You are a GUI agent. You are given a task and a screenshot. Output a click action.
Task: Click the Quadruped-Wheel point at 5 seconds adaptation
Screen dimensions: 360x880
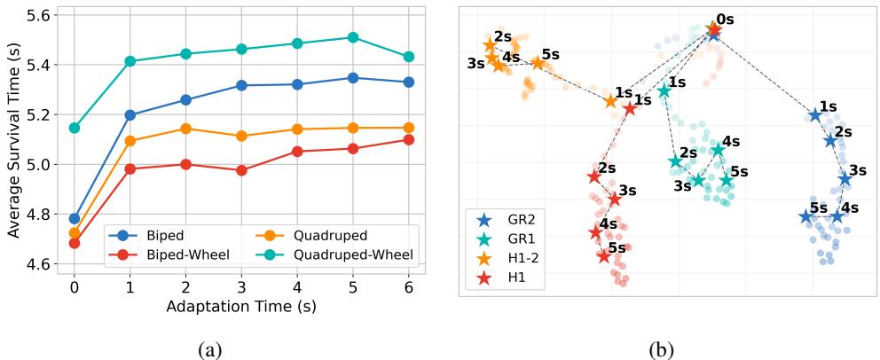[353, 37]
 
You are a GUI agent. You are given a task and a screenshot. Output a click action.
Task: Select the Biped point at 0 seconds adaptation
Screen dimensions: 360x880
[75, 218]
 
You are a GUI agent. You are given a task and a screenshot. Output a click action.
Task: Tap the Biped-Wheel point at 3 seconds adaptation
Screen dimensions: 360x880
[241, 170]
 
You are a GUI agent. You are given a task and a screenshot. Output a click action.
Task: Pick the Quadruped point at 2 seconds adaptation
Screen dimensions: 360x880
[185, 129]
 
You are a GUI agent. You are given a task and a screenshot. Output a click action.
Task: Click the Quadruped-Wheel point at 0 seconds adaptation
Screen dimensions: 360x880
[75, 128]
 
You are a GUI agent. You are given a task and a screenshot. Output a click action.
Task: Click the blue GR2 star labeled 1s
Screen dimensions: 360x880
[815, 115]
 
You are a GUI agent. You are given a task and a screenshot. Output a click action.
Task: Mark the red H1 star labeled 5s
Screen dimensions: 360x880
[604, 256]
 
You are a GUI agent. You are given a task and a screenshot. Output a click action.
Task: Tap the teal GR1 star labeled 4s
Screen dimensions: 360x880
[718, 150]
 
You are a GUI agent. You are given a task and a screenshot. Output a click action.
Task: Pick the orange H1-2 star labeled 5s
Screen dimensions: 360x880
[538, 63]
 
